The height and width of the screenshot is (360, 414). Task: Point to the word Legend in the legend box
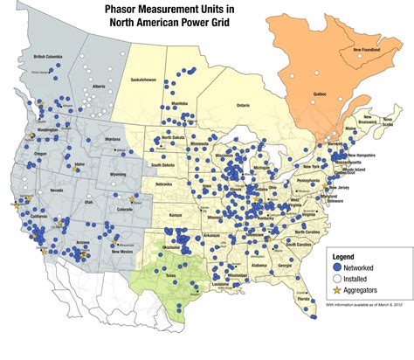pyautogui.click(x=347, y=256)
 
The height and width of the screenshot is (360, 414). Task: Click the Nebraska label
pyautogui.click(x=165, y=184)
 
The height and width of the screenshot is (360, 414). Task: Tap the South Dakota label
pyautogui.click(x=163, y=164)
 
